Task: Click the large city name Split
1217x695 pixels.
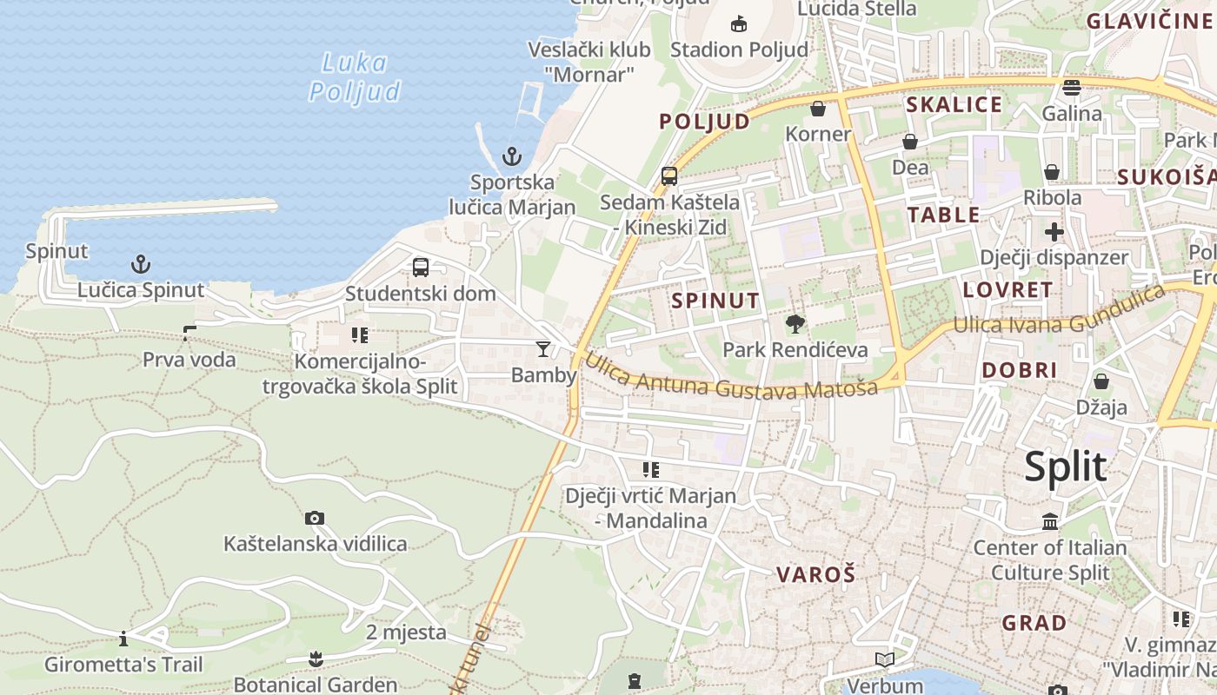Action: pyautogui.click(x=1065, y=467)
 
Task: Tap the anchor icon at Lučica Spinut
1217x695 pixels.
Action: pyautogui.click(x=140, y=263)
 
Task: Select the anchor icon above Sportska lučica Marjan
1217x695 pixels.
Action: pyautogui.click(x=512, y=157)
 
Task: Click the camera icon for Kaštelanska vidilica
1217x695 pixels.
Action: pyautogui.click(x=315, y=519)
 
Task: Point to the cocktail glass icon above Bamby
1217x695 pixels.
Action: pyautogui.click(x=543, y=349)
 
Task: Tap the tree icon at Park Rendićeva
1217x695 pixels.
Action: pyautogui.click(x=795, y=325)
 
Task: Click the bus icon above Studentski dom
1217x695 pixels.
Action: pyautogui.click(x=421, y=268)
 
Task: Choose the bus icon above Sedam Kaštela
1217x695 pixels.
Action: pyautogui.click(x=669, y=176)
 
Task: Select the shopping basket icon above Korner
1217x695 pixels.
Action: pyautogui.click(x=818, y=109)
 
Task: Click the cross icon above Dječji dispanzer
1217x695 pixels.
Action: pyautogui.click(x=1054, y=232)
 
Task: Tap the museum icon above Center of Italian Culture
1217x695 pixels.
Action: pyautogui.click(x=1050, y=522)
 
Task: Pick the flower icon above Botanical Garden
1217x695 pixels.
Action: pyautogui.click(x=316, y=659)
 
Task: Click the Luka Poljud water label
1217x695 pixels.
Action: pyautogui.click(x=355, y=77)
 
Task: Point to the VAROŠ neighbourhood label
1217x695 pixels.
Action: pyautogui.click(x=815, y=574)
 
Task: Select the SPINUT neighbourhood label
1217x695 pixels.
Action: pyautogui.click(x=715, y=301)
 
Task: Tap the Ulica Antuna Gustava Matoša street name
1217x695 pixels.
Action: pyautogui.click(x=730, y=378)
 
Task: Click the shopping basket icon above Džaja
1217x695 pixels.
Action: pyautogui.click(x=1101, y=381)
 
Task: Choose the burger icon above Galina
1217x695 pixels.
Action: pyautogui.click(x=1071, y=88)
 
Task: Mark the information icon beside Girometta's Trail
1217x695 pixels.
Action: pyautogui.click(x=123, y=639)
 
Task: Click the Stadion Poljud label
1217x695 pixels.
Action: pyautogui.click(x=739, y=50)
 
